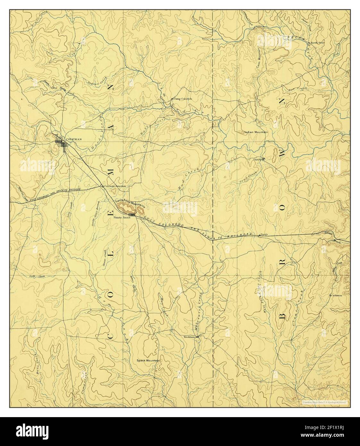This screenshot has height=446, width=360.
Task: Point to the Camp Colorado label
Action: click(182, 99)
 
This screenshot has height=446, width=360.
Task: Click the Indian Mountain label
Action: click(256, 132)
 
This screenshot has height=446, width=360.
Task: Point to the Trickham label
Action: click(189, 337)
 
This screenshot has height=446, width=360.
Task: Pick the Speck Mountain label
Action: click(148, 360)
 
